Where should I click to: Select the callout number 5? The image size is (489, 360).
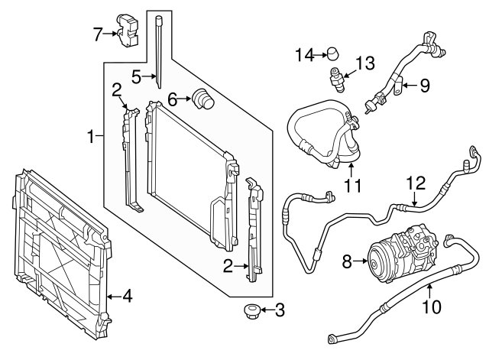(137, 76)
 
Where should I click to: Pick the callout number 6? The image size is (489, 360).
(173, 98)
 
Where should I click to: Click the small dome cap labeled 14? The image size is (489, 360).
(332, 53)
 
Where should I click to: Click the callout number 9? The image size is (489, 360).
(425, 84)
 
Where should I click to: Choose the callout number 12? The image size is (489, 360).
(414, 183)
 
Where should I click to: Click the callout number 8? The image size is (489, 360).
(346, 261)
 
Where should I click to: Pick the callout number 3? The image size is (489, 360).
(279, 310)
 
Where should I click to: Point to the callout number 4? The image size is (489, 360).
(128, 296)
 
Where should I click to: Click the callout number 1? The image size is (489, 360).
(90, 138)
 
